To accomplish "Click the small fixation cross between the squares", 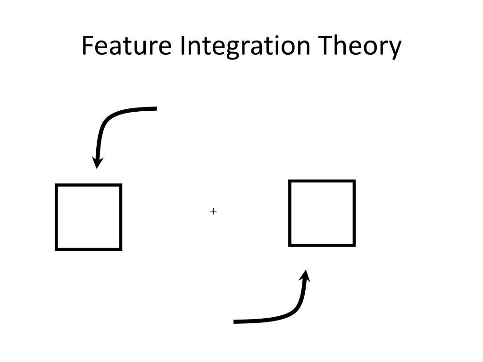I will (x=213, y=211).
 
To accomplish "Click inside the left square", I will (x=89, y=217).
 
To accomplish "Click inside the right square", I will (x=322, y=213).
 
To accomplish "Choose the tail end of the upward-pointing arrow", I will (x=235, y=321).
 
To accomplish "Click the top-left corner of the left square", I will (x=57, y=185).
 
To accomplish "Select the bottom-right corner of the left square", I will (x=121, y=248).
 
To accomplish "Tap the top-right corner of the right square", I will (x=354, y=181).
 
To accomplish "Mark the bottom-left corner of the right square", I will (x=290, y=245).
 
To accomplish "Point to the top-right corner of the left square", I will (x=121, y=185).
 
